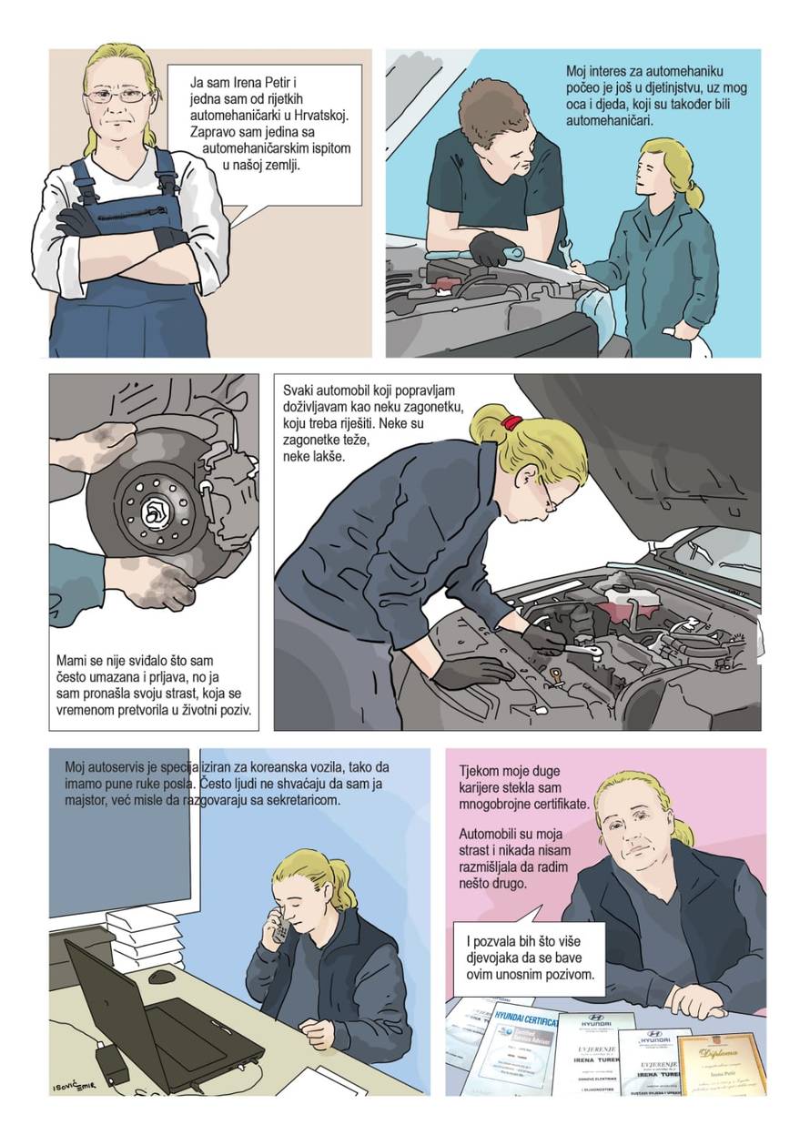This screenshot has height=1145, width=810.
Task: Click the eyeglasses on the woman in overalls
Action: click(x=118, y=95)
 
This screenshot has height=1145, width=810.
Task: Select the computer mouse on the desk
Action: click(x=162, y=977)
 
